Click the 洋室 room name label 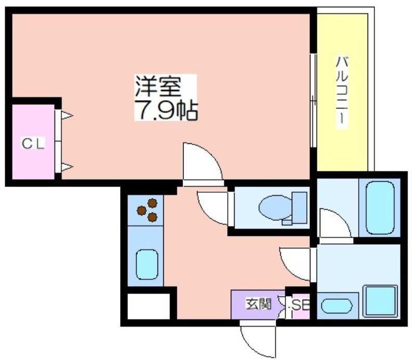point(159,86)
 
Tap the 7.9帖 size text point(166,110)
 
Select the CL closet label point(33,144)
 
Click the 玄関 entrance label point(258,304)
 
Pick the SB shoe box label point(301,305)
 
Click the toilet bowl point(276,207)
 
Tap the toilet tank point(300,208)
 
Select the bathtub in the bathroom point(380,208)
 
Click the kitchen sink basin point(147,264)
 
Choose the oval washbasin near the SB point(336,305)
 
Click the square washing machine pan point(380,301)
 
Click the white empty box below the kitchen point(149,306)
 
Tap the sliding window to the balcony point(314,100)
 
